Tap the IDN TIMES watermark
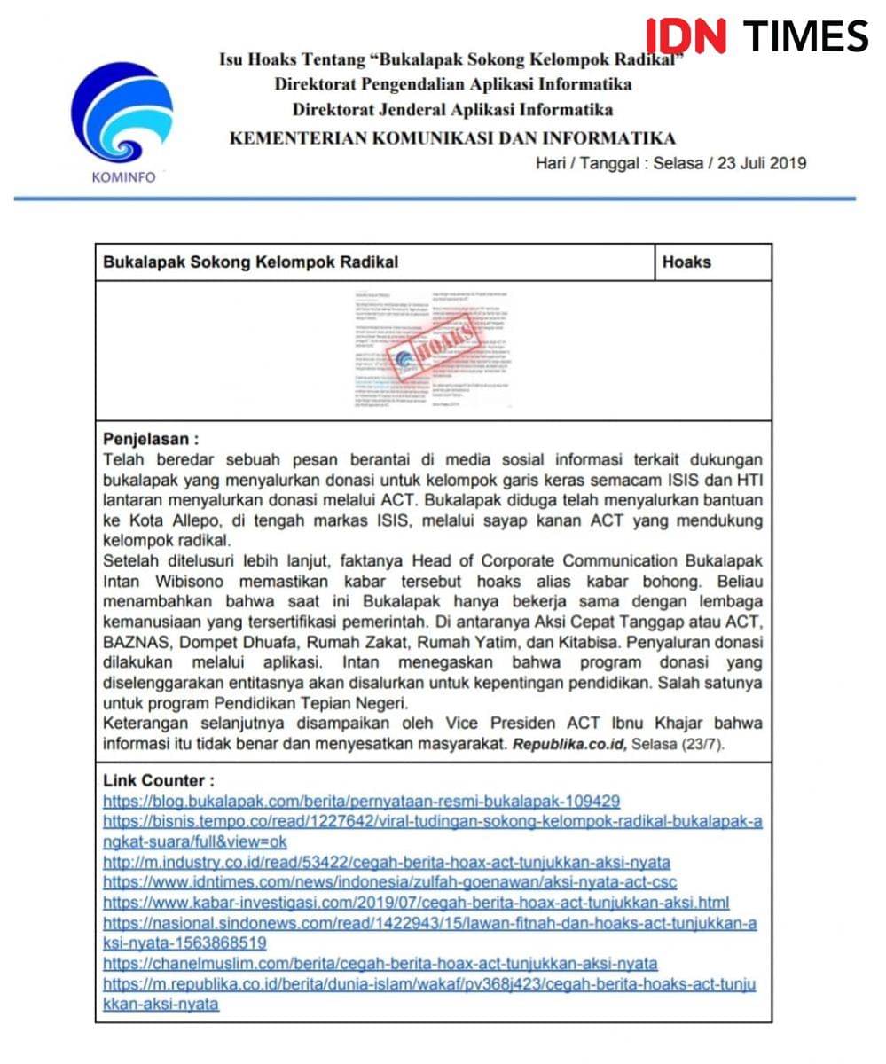pos(757,36)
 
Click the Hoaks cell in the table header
pos(686,262)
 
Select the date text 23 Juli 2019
pos(760,163)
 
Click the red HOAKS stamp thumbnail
pos(435,351)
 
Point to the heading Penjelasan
pos(151,440)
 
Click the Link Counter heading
pos(159,780)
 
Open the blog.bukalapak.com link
pos(361,801)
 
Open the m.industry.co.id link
pos(386,862)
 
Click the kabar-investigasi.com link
pos(416,903)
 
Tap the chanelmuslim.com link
pos(380,964)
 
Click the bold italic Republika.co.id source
pos(569,744)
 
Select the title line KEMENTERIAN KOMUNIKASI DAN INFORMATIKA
pos(452,137)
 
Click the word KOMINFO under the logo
pos(123,176)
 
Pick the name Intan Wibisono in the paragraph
pos(164,581)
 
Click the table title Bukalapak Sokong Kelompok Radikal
pos(251,262)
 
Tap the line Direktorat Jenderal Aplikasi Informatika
pos(452,110)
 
